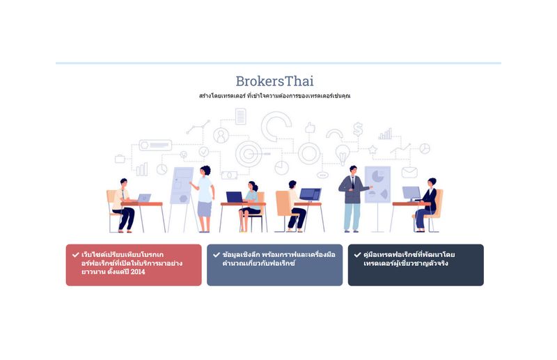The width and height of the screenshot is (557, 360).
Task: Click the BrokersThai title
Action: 274,81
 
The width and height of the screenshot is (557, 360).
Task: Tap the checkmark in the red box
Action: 75,255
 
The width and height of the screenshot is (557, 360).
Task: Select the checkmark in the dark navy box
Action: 357,255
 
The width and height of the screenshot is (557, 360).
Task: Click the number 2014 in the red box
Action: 138,272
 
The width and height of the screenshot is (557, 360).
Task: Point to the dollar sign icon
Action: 358,130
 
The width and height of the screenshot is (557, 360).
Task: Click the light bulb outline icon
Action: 343,154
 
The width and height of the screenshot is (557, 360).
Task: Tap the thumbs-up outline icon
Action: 310,128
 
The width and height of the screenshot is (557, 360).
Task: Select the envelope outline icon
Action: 409,173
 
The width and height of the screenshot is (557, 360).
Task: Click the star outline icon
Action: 372,150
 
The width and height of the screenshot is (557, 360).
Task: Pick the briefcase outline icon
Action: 120,159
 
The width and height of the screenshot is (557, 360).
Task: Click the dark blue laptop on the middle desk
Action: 235,197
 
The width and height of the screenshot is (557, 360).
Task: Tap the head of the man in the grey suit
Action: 353,170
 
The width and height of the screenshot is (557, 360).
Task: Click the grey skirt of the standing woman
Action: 204,209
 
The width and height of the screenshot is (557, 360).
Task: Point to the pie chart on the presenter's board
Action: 377,176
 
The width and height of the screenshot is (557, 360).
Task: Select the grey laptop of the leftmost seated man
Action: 144,198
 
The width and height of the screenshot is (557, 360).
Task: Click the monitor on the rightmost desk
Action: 411,194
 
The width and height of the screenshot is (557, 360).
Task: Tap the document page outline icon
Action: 240,116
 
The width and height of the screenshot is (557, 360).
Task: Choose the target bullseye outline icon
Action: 249,154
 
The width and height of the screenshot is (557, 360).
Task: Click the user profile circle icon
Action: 221,135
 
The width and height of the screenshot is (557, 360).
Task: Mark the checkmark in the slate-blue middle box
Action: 217,255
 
